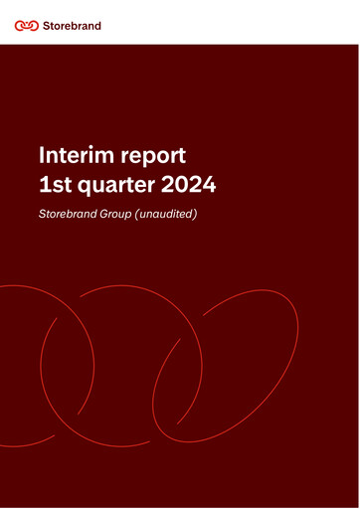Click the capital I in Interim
[x=41, y=155]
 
